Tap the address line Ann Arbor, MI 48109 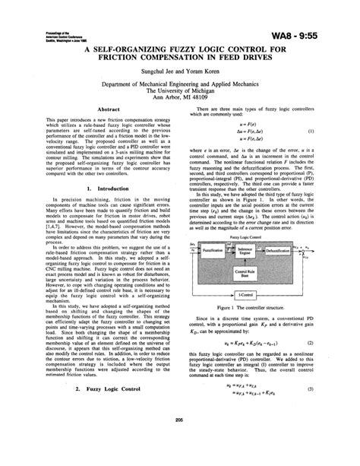179,97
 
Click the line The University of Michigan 179,88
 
